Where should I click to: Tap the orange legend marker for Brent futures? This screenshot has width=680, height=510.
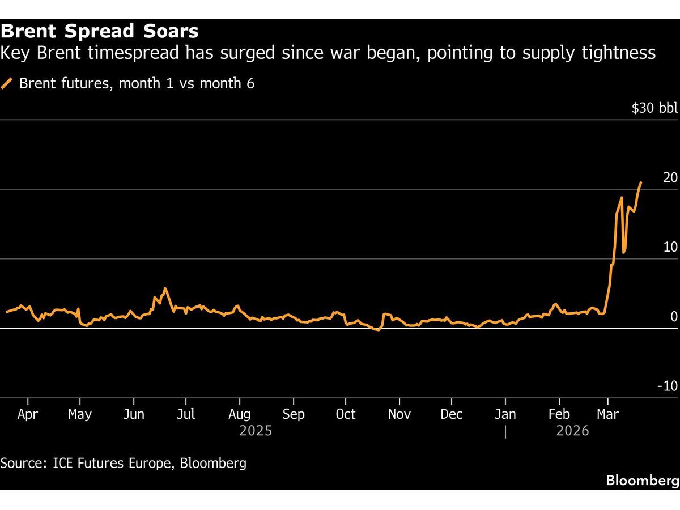7,84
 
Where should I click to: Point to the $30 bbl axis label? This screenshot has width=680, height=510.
654,108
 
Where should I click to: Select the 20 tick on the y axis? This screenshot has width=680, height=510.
670,178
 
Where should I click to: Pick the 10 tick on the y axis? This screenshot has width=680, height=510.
670,248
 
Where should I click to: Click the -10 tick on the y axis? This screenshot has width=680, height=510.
667,386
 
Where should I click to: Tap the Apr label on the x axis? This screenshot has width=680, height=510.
28,414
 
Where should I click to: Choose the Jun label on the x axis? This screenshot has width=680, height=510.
133,414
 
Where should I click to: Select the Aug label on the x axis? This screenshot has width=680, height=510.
240,414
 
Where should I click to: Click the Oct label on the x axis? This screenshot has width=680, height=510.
346,414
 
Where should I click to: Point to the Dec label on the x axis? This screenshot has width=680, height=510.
452,414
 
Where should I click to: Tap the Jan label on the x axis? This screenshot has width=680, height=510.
505,414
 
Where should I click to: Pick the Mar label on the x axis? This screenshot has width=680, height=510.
608,414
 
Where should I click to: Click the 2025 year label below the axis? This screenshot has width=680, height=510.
256,431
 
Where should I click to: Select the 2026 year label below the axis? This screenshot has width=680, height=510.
572,431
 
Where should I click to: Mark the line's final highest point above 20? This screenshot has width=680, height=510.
641,182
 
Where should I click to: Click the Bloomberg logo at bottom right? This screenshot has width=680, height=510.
642,481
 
